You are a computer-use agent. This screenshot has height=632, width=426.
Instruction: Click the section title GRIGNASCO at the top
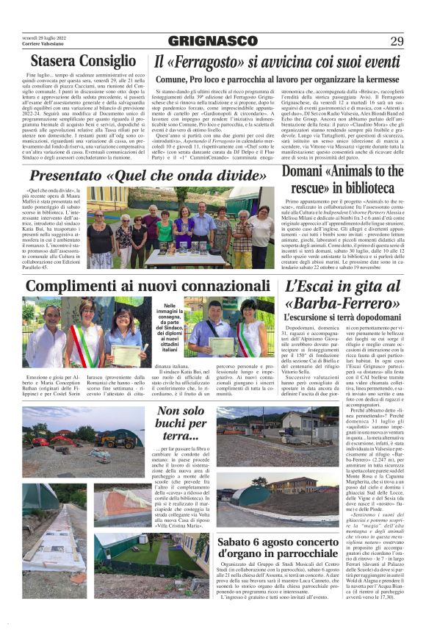point(213,41)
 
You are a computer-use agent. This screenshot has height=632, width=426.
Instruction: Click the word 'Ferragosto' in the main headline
point(201,62)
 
